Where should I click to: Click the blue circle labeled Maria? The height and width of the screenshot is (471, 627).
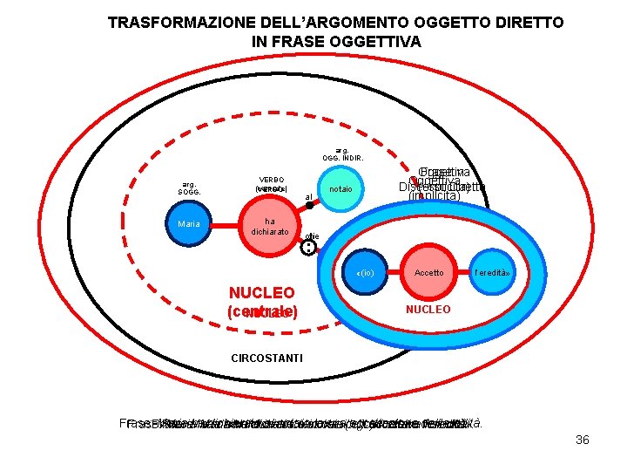click(188, 224)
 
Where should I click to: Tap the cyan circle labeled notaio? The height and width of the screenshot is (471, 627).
click(340, 188)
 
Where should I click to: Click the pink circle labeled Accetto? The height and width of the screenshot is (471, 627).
click(428, 273)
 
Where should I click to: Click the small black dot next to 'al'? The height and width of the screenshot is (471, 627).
click(309, 206)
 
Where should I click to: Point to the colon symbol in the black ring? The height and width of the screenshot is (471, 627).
click(308, 248)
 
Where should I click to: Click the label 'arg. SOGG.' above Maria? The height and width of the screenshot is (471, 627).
click(188, 188)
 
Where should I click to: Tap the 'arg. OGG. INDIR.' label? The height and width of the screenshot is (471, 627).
click(341, 154)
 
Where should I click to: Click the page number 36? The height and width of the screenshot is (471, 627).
click(583, 440)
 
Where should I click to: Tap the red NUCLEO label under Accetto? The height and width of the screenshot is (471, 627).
click(428, 310)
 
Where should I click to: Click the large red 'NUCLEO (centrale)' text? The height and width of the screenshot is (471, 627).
click(262, 302)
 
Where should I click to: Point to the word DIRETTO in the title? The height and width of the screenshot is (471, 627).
click(526, 23)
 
